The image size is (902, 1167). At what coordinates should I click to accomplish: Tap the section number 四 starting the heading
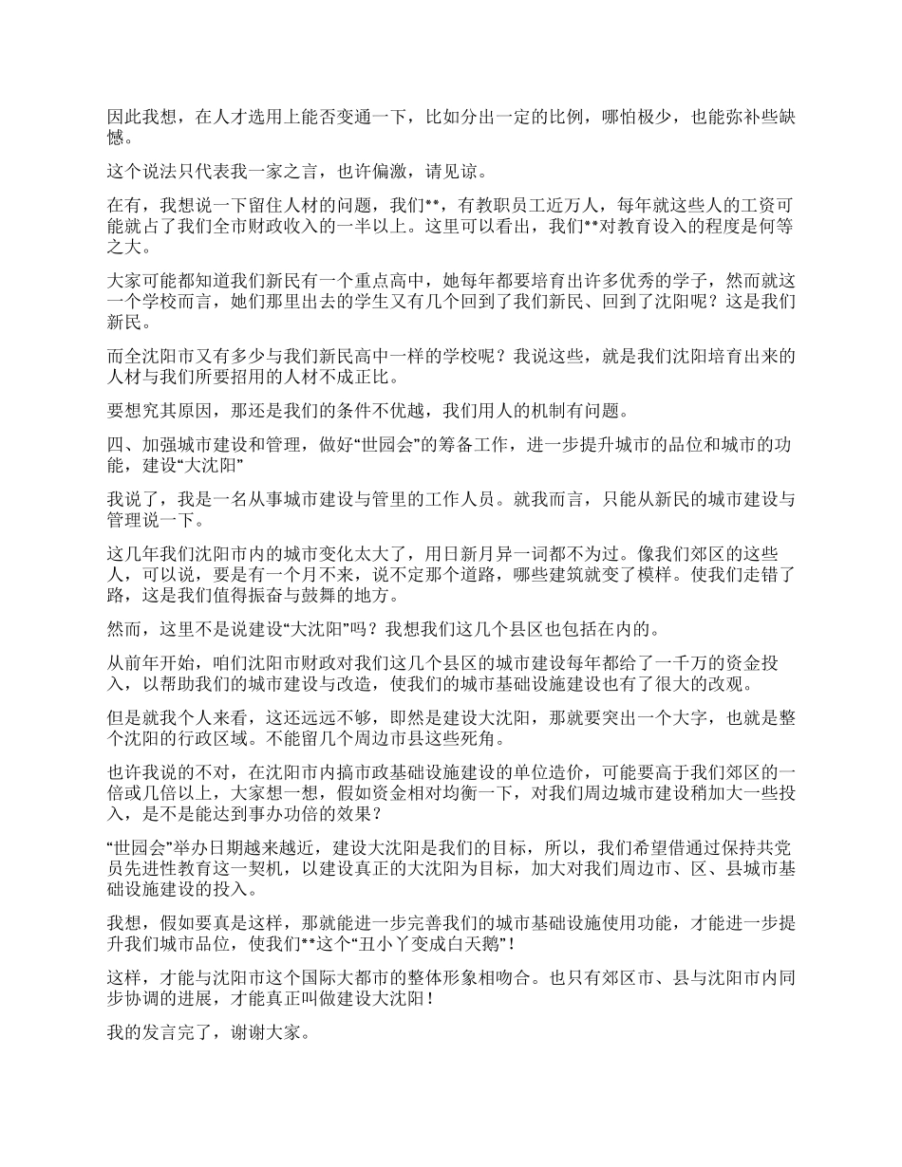114,443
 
